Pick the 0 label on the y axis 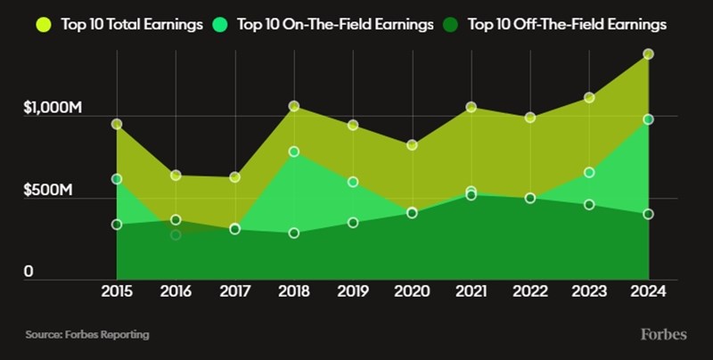pos(29,272)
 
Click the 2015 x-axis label pos(117,291)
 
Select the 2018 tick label pos(294,291)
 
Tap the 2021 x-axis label pos(471,291)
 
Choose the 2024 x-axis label pos(648,291)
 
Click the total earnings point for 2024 pos(648,54)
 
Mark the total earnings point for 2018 pos(294,107)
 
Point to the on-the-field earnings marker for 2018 pos(294,151)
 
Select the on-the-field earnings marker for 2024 pos(648,119)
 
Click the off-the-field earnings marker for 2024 pos(648,214)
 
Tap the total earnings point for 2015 pos(117,124)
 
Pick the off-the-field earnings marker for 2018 pos(294,233)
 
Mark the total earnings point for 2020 pos(412,144)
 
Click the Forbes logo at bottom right pos(663,334)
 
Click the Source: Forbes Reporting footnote pos(86,335)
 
